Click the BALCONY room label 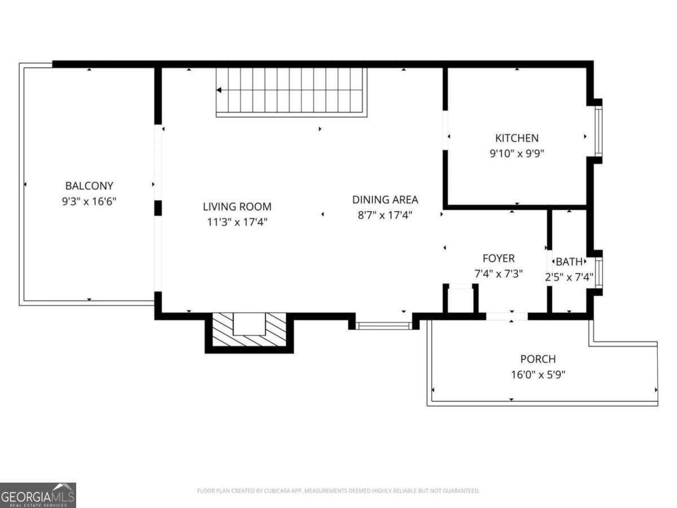tap(89, 186)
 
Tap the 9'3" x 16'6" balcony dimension tap(89, 201)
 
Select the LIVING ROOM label tap(237, 207)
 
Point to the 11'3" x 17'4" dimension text tap(237, 222)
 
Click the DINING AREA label tap(385, 199)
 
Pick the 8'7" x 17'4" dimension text tap(385, 214)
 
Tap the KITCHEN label tap(517, 138)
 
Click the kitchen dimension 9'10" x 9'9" tap(517, 153)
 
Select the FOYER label tap(498, 259)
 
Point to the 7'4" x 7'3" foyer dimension tap(498, 274)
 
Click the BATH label tap(569, 262)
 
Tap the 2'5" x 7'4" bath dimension tap(569, 277)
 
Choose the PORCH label tap(538, 359)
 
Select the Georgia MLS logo tap(38, 495)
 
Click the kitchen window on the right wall tap(598, 131)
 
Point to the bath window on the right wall tap(598, 272)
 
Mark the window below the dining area tap(384, 325)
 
